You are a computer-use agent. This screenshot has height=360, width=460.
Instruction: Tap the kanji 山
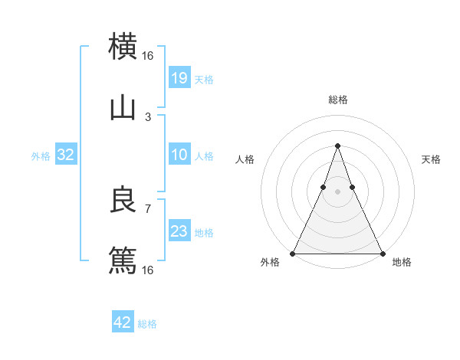pyautogui.click(x=123, y=108)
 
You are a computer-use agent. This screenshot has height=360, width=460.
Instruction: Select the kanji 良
pyautogui.click(x=123, y=201)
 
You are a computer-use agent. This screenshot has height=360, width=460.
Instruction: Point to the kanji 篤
pyautogui.click(x=123, y=261)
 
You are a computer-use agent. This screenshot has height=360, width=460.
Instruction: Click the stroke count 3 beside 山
pyautogui.click(x=148, y=116)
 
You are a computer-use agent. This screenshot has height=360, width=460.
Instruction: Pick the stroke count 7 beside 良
pyautogui.click(x=148, y=208)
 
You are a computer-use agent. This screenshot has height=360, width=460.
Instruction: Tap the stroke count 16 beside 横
pyautogui.click(x=148, y=55)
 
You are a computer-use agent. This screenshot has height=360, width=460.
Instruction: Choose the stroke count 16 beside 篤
pyautogui.click(x=148, y=270)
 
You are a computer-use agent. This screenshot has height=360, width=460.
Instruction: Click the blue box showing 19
pyautogui.click(x=179, y=77)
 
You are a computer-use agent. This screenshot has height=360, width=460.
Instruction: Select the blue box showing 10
pyautogui.click(x=179, y=155)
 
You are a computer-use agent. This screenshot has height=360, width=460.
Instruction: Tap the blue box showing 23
pyautogui.click(x=179, y=231)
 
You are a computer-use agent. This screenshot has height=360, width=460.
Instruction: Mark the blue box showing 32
pyautogui.click(x=66, y=155)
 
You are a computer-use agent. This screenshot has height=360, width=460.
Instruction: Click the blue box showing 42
pyautogui.click(x=123, y=322)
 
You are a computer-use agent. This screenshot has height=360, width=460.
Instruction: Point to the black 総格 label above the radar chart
pyautogui.click(x=337, y=100)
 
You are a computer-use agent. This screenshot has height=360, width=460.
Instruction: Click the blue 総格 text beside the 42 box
pyautogui.click(x=147, y=324)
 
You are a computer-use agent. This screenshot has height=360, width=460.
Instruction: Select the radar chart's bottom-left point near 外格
pyautogui.click(x=293, y=253)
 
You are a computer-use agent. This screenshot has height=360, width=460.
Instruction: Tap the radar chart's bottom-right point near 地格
pyautogui.click(x=382, y=253)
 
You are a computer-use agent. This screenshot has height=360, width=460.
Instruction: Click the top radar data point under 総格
pyautogui.click(x=337, y=146)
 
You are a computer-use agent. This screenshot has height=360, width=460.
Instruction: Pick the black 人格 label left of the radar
pyautogui.click(x=245, y=159)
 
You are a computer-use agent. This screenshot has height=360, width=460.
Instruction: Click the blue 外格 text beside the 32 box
pyautogui.click(x=41, y=155)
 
